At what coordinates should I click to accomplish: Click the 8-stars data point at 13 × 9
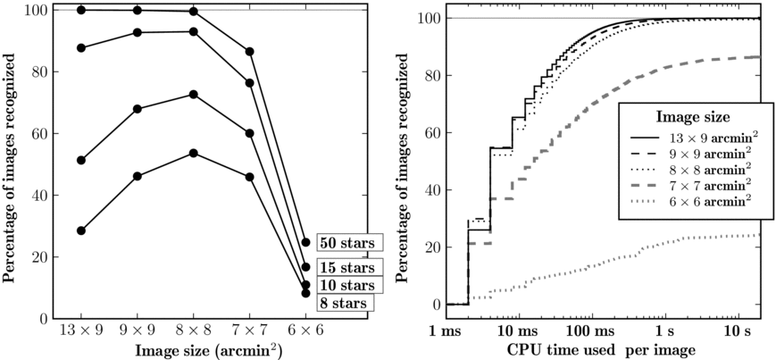(x=81, y=230)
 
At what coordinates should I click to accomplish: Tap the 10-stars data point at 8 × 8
(x=193, y=94)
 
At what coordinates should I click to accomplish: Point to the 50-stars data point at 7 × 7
(x=249, y=52)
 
